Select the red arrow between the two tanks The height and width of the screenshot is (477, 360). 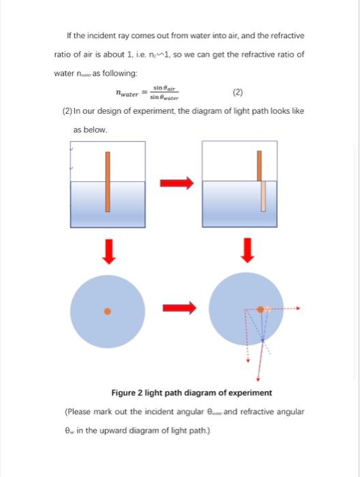click(177, 183)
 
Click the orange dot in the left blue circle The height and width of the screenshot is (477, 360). click(107, 311)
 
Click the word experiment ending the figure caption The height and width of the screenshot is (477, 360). click(251, 393)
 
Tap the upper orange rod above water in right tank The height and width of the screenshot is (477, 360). click(259, 165)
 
